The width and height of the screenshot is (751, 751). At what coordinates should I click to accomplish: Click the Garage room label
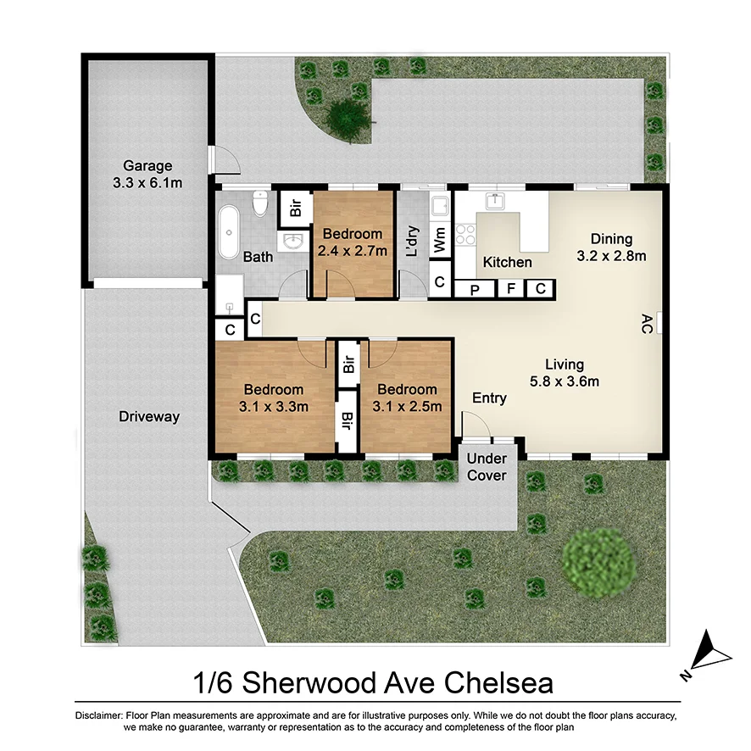(x=147, y=175)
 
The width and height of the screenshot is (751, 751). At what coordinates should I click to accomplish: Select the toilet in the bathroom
(x=261, y=204)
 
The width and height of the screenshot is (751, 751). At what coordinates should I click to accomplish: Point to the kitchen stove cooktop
(x=465, y=234)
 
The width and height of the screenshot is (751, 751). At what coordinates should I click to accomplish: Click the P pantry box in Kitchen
(x=474, y=289)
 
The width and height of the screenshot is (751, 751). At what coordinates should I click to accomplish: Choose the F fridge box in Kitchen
(x=511, y=289)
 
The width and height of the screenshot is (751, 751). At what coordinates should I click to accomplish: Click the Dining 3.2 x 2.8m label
(x=611, y=248)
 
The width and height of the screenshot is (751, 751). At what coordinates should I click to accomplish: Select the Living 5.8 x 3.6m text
(x=564, y=373)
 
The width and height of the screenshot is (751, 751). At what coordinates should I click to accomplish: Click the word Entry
(x=489, y=398)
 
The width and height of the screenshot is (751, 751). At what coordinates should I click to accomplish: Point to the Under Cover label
(x=487, y=467)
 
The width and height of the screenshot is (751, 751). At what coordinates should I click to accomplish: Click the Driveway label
(x=149, y=417)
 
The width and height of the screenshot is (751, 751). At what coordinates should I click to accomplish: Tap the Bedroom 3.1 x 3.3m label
(x=274, y=398)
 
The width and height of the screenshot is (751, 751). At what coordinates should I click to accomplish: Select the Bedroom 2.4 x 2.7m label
(x=352, y=242)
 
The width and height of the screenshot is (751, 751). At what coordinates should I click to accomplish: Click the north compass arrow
(x=708, y=653)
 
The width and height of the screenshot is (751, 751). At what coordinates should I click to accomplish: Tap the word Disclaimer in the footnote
(x=99, y=716)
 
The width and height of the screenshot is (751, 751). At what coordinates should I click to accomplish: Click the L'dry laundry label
(x=413, y=242)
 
